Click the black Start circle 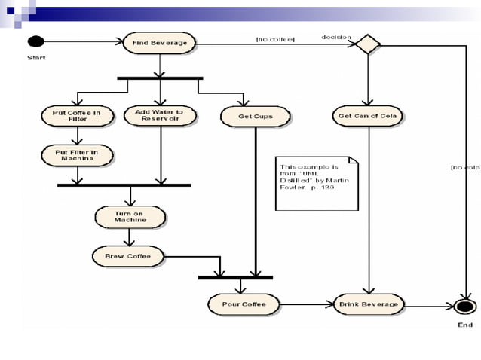point(36,41)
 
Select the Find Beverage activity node point(159,43)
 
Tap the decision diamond point(368,44)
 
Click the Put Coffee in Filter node point(77,115)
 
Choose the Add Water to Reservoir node point(159,115)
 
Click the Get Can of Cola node point(368,116)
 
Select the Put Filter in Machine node point(77,155)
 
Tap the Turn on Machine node point(130,217)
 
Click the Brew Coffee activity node point(128,256)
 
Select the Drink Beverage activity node point(369,304)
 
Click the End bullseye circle point(465,306)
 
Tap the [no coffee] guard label point(276,38)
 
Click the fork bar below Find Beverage point(160,78)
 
